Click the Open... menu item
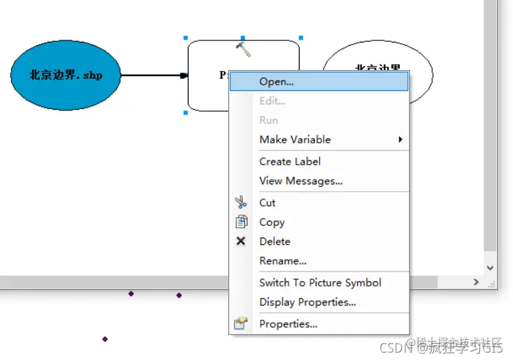click(x=276, y=81)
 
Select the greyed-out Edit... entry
click(x=272, y=101)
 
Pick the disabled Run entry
click(x=269, y=120)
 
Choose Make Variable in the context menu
click(x=295, y=139)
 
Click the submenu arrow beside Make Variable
click(x=401, y=139)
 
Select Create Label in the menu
click(x=289, y=161)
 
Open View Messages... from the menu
click(x=301, y=180)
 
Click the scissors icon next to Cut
click(x=241, y=202)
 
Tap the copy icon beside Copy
click(x=241, y=221)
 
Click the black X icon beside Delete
click(x=241, y=241)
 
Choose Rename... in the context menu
click(x=283, y=260)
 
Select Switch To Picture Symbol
click(x=320, y=283)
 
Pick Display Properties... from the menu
click(x=307, y=302)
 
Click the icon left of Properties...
click(x=240, y=324)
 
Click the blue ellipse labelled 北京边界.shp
click(x=65, y=75)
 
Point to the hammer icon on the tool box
click(x=243, y=48)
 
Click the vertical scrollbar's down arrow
click(x=491, y=268)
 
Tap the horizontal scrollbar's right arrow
click(x=476, y=283)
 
